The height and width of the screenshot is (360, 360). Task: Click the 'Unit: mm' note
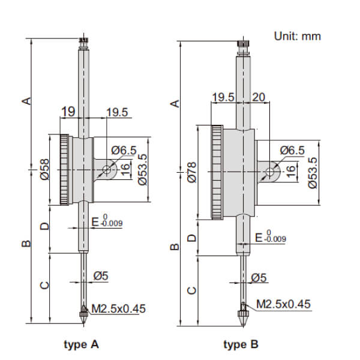pyautogui.click(x=298, y=36)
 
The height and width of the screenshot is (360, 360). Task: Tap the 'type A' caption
pyautogui.click(x=81, y=344)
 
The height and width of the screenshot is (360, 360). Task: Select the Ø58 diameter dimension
pyautogui.click(x=44, y=171)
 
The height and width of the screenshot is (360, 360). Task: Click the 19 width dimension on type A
pyautogui.click(x=67, y=111)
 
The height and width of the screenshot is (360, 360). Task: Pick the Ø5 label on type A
pyautogui.click(x=100, y=277)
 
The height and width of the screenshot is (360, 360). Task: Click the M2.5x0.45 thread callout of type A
pyautogui.click(x=118, y=310)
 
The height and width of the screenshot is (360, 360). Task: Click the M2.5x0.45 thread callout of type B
pyautogui.click(x=284, y=304)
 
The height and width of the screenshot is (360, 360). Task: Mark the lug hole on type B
pyautogui.click(x=269, y=173)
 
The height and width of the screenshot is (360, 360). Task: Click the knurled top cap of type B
pyautogui.click(x=243, y=46)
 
